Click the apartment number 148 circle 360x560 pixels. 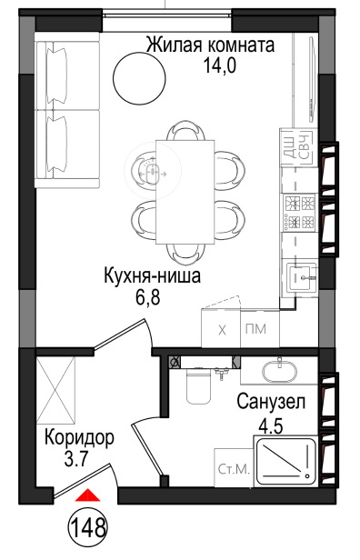[x=88, y=527]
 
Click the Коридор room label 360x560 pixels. [x=79, y=438]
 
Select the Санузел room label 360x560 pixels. [x=271, y=402]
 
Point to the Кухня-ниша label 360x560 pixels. [x=152, y=276]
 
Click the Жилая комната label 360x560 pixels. [x=211, y=45]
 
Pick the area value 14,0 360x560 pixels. [x=219, y=65]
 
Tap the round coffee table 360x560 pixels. [x=139, y=78]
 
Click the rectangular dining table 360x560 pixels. [x=185, y=192]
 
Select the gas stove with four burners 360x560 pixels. [x=299, y=213]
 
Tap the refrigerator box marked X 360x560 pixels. [x=221, y=328]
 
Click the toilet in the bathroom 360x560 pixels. [x=198, y=385]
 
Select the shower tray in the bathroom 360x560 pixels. [x=285, y=461]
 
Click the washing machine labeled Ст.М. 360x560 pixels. [x=234, y=468]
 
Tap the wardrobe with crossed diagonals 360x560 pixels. [x=56, y=389]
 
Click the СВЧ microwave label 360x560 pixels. [x=305, y=147]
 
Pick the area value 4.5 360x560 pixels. [x=270, y=425]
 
